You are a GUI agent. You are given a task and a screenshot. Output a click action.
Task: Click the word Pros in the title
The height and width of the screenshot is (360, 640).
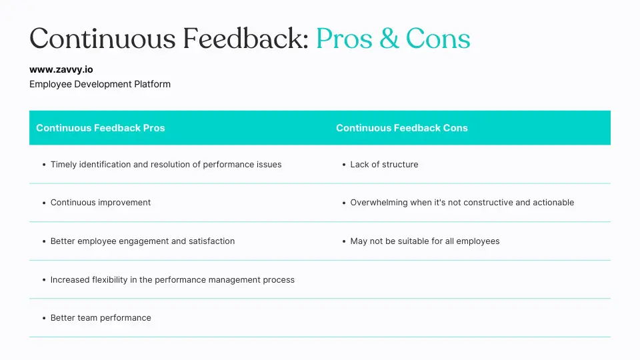point(343,39)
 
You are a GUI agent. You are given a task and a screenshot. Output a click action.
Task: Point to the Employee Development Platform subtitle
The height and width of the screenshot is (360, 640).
point(100,84)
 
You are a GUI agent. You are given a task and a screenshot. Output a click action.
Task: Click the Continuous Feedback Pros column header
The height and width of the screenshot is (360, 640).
point(100,128)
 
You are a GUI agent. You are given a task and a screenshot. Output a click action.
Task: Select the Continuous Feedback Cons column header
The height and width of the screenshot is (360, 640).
point(402,128)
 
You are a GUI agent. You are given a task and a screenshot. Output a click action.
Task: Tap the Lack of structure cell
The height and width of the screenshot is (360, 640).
point(384,165)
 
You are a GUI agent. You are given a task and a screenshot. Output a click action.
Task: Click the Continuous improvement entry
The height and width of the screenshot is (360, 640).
point(101,203)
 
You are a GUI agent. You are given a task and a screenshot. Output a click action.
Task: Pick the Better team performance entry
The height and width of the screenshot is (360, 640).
point(101,318)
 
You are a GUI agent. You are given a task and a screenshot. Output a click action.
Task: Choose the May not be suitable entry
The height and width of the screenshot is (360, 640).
point(425,241)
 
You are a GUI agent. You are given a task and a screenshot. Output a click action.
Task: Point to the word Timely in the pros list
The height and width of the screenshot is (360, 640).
point(63,165)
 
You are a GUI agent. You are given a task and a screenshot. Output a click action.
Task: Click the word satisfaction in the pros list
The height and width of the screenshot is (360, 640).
point(213,241)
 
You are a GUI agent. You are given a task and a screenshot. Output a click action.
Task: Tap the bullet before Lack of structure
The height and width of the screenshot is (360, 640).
point(343,165)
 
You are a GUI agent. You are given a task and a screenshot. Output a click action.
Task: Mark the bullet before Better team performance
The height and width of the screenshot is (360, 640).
point(43,318)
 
